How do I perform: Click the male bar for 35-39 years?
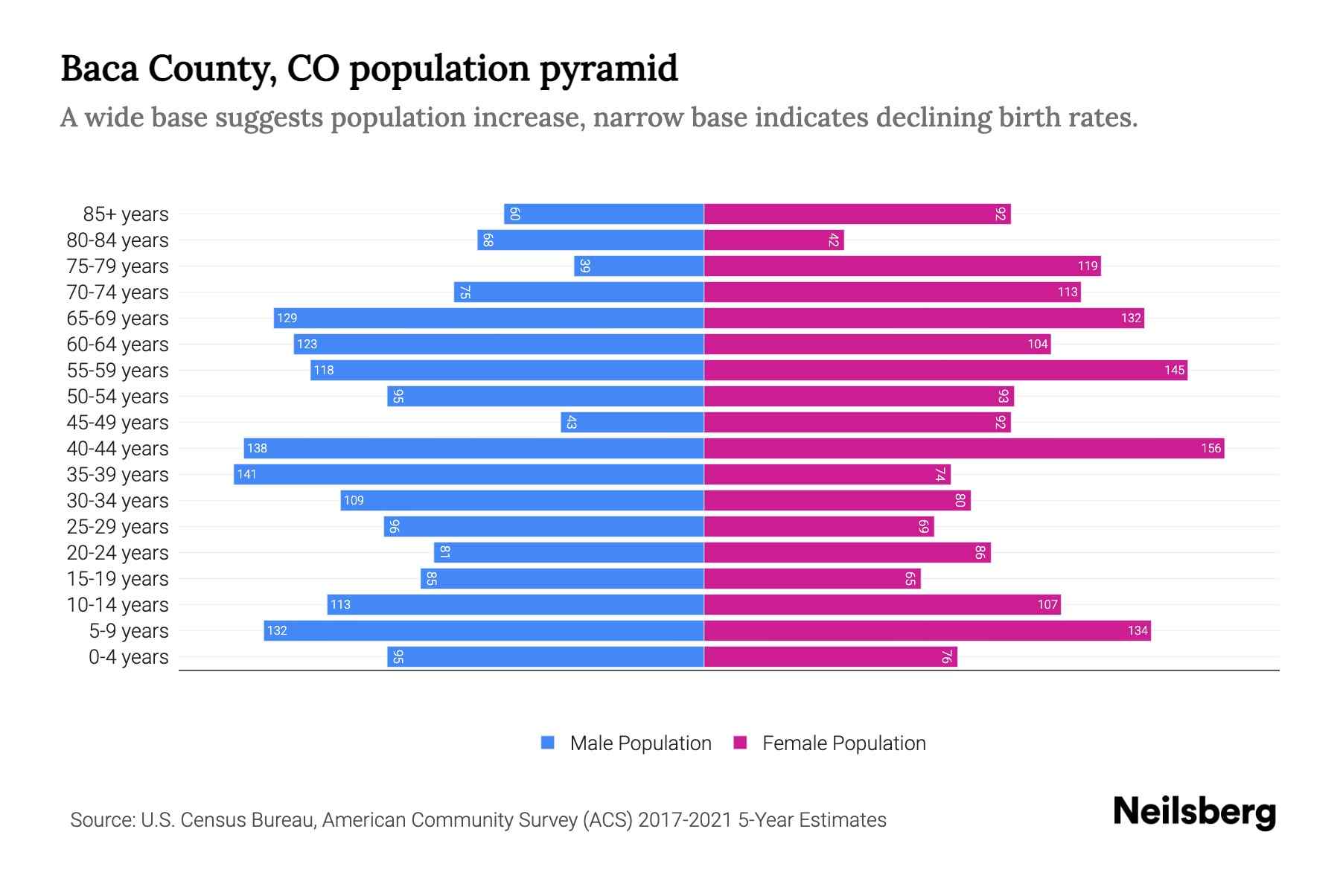click(x=469, y=475)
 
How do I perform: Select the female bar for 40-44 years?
click(x=964, y=449)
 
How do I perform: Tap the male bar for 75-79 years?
click(x=639, y=266)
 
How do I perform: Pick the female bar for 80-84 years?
click(x=774, y=240)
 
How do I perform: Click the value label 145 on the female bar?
click(x=1174, y=371)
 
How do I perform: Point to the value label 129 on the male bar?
click(x=287, y=319)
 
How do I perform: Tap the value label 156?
click(x=1210, y=449)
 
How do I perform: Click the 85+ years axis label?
click(x=126, y=214)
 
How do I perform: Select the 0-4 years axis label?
click(x=128, y=657)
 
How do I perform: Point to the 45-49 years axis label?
click(x=118, y=423)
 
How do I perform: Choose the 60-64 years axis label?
click(x=118, y=345)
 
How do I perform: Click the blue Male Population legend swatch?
click(x=548, y=743)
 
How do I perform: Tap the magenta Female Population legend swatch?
click(x=740, y=743)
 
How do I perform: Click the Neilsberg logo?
click(x=1194, y=812)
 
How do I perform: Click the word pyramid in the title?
click(x=608, y=69)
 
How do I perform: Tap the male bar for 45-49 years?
click(x=633, y=423)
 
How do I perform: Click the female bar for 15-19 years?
click(x=811, y=579)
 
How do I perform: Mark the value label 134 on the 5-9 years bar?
click(x=1138, y=631)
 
